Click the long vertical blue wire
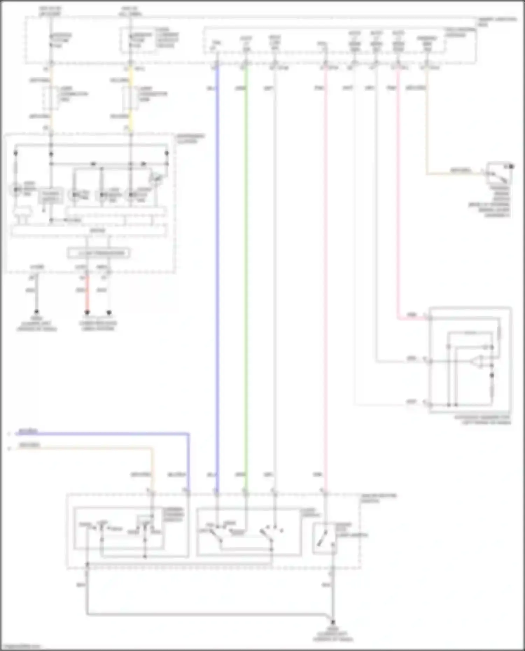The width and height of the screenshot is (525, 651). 217,280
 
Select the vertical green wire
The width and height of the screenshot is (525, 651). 246,280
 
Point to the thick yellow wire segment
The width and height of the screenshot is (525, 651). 131,101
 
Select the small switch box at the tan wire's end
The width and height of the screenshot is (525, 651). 499,173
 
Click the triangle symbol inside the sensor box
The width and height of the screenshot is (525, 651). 476,362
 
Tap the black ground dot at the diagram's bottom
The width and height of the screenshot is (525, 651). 333,622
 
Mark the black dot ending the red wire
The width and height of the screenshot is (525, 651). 87,312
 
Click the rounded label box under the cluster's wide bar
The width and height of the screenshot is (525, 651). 99,253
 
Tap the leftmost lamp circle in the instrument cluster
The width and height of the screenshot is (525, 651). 16,190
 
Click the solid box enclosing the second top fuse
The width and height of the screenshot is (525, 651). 139,40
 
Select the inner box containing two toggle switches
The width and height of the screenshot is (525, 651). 248,532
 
